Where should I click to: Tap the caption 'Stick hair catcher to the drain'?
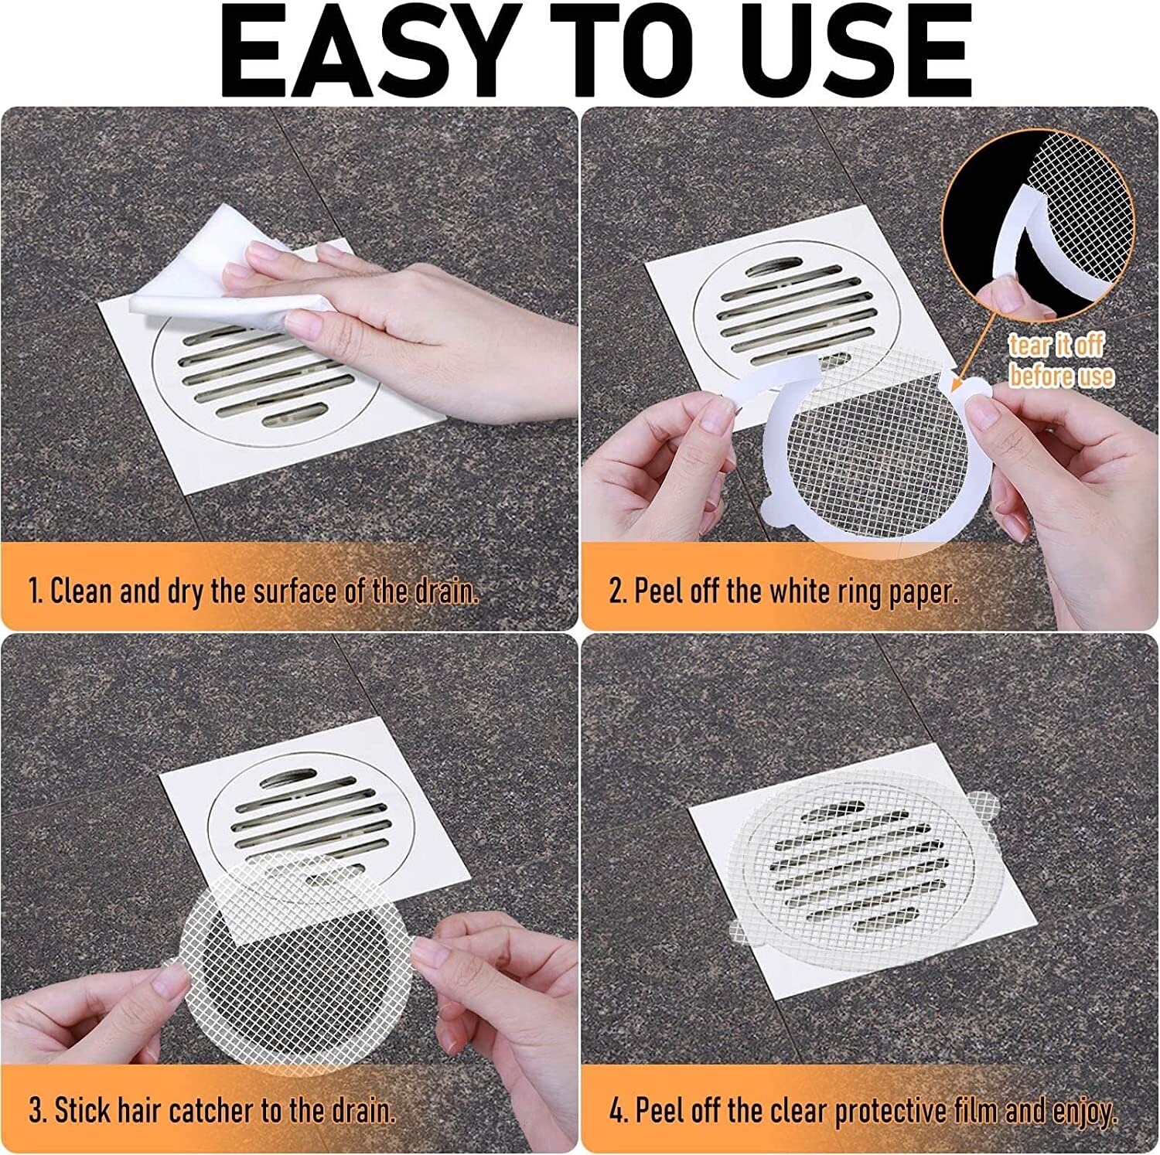click(213, 1111)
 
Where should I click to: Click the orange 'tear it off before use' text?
click(1059, 360)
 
